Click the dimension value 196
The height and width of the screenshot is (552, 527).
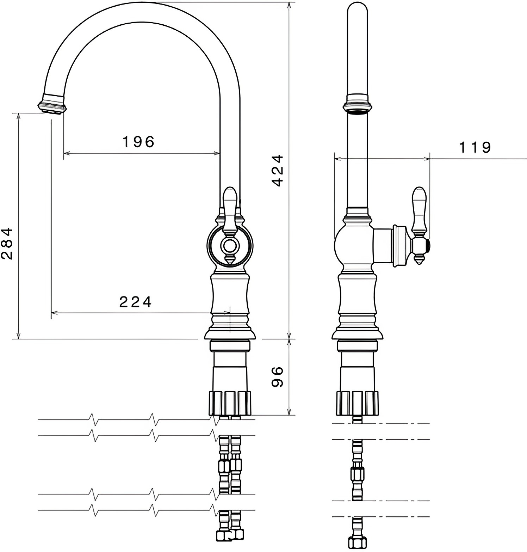click(138, 142)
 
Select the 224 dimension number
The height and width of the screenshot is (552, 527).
click(135, 302)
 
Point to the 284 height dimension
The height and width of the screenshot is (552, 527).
click(7, 244)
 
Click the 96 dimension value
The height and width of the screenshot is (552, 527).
click(278, 377)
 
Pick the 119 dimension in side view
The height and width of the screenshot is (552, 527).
click(475, 147)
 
